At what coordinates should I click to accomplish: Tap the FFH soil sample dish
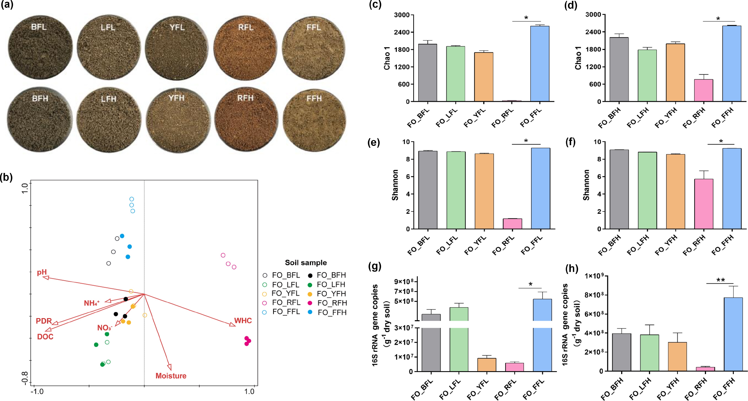click(x=314, y=119)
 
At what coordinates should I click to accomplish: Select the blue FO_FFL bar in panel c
click(x=540, y=64)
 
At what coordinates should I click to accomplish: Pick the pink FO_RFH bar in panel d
click(x=703, y=90)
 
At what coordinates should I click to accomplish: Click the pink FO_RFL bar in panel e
click(x=512, y=224)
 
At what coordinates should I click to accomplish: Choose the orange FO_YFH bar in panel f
click(x=675, y=192)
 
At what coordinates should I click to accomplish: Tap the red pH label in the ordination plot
click(x=42, y=272)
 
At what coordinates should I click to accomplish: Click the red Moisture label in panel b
click(x=171, y=376)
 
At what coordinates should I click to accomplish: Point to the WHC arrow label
click(x=243, y=321)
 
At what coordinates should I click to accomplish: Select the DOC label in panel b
click(x=45, y=337)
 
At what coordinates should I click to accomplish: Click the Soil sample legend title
click(x=306, y=263)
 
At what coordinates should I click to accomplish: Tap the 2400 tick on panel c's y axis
click(x=402, y=32)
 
